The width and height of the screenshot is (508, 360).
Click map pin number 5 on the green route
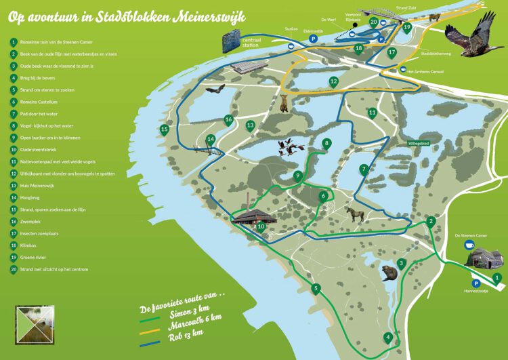click(x=315, y=289)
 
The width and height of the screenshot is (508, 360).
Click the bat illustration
click(x=214, y=89)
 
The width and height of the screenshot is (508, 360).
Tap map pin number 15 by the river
click(x=164, y=129)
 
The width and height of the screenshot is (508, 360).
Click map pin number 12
click(x=333, y=81)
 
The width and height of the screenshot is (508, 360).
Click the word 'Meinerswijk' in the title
click(x=207, y=15)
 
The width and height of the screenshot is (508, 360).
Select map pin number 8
click(x=326, y=143)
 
